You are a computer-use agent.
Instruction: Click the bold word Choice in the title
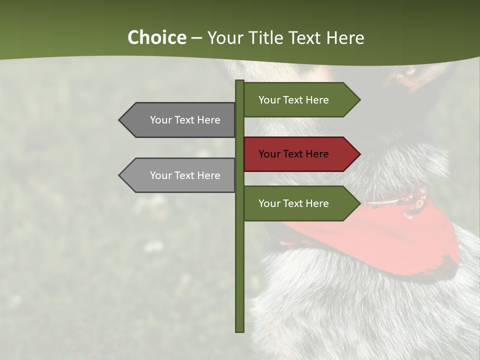click(156, 38)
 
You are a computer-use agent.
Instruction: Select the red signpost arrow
click(300, 154)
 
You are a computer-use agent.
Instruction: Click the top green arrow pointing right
click(300, 100)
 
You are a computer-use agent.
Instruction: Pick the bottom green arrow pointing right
click(300, 203)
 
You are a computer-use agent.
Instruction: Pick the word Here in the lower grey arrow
click(208, 175)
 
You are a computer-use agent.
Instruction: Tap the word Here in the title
click(345, 38)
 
